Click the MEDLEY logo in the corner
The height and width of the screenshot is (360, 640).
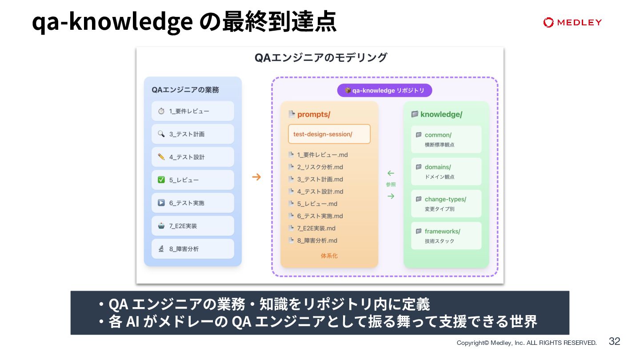(x=572, y=22)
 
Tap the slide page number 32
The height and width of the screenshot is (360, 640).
(x=614, y=341)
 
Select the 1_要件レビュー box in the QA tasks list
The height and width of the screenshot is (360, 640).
(x=192, y=111)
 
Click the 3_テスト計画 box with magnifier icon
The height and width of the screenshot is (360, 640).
(x=192, y=134)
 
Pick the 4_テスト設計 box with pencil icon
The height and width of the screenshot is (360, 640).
(x=192, y=157)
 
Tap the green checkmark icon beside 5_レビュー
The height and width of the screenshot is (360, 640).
(x=161, y=180)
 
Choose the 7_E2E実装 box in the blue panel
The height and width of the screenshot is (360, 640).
(x=192, y=226)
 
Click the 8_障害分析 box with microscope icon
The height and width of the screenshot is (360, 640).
(x=192, y=249)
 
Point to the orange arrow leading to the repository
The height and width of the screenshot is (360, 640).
(x=256, y=177)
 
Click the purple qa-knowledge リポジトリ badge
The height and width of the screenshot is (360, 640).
(x=384, y=91)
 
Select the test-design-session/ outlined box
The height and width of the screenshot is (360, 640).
(x=329, y=134)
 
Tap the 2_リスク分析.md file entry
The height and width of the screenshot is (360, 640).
(x=320, y=167)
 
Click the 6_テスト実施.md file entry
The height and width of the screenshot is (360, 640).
(x=320, y=216)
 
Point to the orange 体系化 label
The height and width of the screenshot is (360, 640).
(x=329, y=256)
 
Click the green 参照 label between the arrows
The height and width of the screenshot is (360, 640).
(x=391, y=184)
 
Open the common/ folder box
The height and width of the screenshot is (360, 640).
(x=446, y=139)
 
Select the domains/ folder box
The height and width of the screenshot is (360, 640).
(x=446, y=172)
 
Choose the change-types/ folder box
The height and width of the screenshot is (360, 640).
(x=446, y=204)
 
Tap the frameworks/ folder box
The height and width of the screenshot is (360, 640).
(x=446, y=236)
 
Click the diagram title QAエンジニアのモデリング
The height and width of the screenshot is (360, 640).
(x=320, y=58)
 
